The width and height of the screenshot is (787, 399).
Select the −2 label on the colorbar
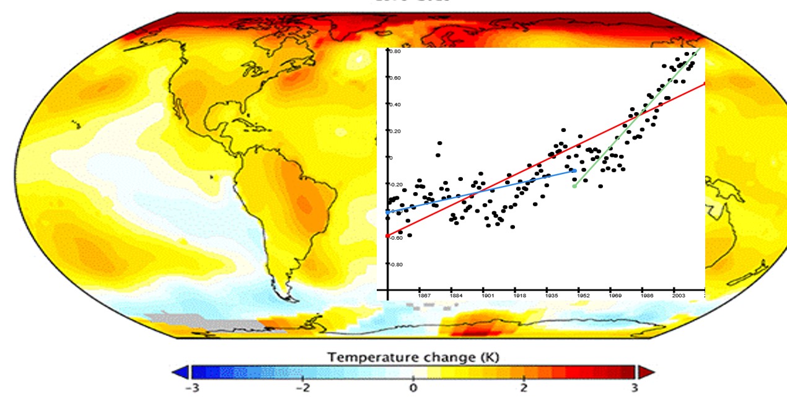(302, 388)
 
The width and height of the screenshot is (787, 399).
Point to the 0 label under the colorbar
(413, 388)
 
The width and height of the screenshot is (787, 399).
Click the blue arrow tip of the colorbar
(180, 372)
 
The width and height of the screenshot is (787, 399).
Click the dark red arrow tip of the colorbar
(644, 372)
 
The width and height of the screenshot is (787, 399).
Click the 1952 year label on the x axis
(582, 296)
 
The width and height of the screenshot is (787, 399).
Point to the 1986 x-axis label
(646, 296)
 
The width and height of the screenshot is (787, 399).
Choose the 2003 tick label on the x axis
(679, 296)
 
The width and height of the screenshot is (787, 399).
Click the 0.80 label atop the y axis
(395, 51)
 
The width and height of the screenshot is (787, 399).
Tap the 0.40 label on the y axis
(395, 105)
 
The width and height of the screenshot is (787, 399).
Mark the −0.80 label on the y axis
(395, 264)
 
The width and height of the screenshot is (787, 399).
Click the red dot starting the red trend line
(387, 236)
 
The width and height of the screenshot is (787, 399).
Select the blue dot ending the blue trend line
(574, 170)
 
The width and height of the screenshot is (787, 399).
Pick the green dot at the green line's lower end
(574, 186)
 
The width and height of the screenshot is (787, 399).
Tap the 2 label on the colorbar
(524, 388)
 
